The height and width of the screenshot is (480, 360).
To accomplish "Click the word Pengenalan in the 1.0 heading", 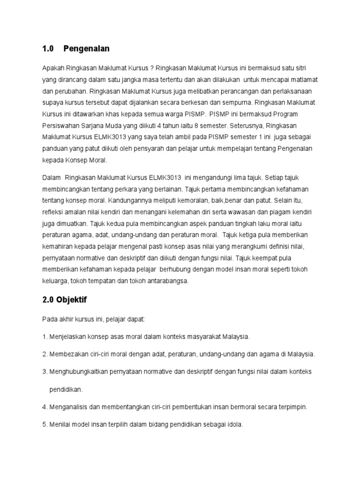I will click(86, 48).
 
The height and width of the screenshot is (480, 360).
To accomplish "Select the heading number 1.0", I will click(48, 48).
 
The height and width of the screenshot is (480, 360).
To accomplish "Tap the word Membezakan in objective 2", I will click(69, 354).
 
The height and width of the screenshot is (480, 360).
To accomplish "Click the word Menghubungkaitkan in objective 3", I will click(78, 372).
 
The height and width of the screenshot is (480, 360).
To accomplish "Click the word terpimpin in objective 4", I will click(292, 407).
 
